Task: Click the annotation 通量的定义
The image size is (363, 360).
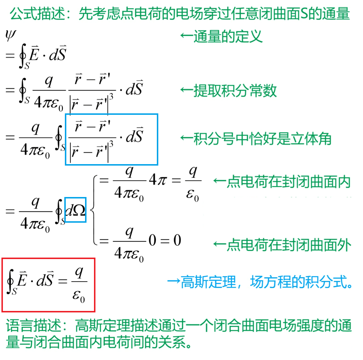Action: click(227, 36)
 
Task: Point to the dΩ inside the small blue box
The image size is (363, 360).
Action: click(76, 210)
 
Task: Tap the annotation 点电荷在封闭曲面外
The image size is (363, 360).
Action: click(288, 245)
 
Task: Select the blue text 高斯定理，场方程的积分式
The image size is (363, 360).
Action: click(266, 282)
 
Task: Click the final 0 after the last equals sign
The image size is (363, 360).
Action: click(177, 240)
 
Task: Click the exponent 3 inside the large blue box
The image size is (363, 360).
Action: click(111, 143)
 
